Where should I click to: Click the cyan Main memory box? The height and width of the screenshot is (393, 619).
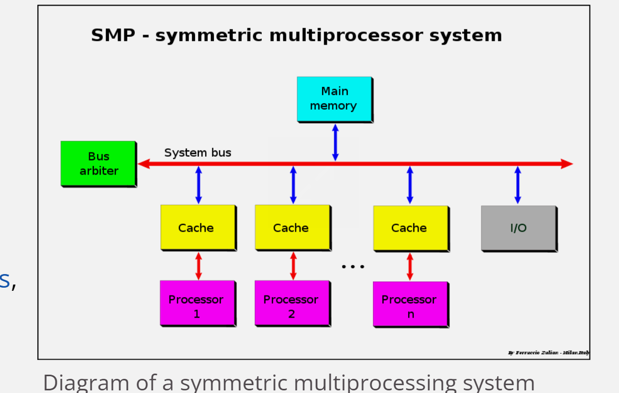coord(334,99)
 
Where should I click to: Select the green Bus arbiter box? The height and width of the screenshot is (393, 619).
coord(98,163)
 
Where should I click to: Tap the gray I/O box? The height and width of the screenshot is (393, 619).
coord(518,228)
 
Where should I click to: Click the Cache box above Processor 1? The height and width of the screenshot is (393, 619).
coord(197,228)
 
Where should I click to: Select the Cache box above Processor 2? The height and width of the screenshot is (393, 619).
coord(292,228)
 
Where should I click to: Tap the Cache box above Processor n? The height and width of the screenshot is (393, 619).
coord(410,228)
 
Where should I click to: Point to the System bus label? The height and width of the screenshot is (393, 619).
coord(197,152)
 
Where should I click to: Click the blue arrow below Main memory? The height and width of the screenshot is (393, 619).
coord(335,142)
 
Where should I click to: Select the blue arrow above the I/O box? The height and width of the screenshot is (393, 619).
coord(518,185)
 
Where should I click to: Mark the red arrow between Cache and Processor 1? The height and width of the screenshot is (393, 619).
coord(198,266)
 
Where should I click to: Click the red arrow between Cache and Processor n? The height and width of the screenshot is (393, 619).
coord(410,266)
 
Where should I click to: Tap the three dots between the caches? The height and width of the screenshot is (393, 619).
coord(353,266)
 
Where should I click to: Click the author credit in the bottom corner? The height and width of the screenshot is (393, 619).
coord(548,353)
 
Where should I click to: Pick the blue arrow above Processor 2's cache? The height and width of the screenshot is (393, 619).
coord(293,185)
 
